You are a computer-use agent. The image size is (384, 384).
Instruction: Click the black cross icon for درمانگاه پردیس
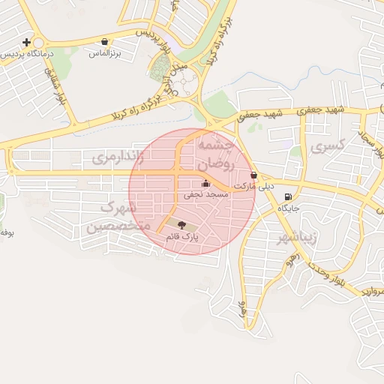click(28, 42)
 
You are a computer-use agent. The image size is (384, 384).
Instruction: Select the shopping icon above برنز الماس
click(103, 42)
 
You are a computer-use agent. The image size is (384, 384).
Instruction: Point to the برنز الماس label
click(104, 54)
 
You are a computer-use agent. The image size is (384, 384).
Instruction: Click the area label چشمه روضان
click(217, 153)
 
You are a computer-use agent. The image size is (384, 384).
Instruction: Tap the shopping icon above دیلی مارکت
click(253, 175)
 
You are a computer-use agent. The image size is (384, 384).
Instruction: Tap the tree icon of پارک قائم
click(181, 223)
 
